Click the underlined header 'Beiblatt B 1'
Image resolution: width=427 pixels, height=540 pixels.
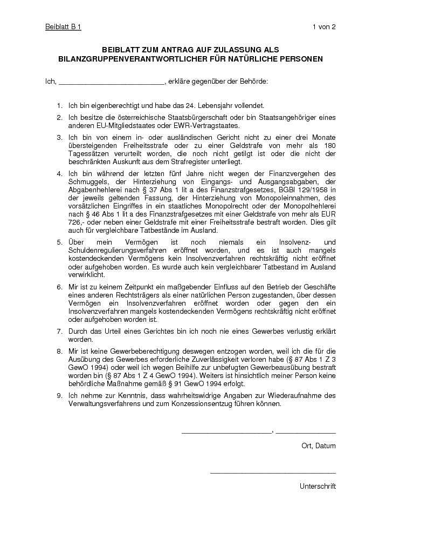pyautogui.click(x=63, y=27)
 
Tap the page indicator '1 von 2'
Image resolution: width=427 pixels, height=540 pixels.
pyautogui.click(x=324, y=27)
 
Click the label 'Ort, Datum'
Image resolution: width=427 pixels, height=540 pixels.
pyautogui.click(x=318, y=446)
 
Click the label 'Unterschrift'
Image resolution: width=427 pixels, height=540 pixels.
pyautogui.click(x=318, y=486)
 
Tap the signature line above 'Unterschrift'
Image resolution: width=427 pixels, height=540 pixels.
pyautogui.click(x=273, y=474)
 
